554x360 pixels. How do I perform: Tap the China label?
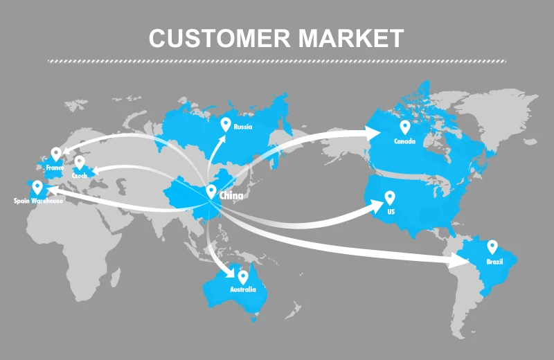click(231, 196)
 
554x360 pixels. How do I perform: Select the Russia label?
click(242, 127)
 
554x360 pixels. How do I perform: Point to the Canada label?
click(404, 141)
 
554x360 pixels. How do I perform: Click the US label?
click(391, 211)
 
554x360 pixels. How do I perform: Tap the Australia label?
click(243, 289)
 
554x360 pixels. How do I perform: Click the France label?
click(55, 168)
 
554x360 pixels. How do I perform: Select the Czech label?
click(80, 176)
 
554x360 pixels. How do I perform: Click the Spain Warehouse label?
click(38, 201)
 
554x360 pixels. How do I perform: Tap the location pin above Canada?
click(404, 127)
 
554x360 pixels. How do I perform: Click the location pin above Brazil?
click(492, 247)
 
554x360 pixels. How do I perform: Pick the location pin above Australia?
click(243, 276)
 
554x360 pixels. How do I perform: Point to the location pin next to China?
click(211, 192)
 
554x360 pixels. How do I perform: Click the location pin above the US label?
click(390, 197)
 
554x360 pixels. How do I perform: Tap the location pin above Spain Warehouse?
click(37, 187)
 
